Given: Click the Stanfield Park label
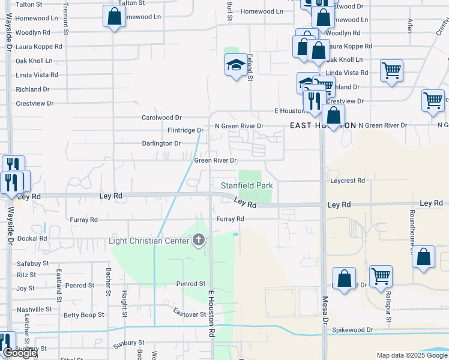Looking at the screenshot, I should click(x=247, y=185).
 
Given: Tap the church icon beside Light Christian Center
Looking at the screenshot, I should click(x=199, y=241).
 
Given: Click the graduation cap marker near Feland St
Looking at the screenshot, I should click(x=237, y=65).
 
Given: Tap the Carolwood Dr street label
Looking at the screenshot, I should click(x=161, y=118).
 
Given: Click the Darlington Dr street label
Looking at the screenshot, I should click(x=161, y=143).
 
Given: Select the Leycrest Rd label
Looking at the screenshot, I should click(x=348, y=181).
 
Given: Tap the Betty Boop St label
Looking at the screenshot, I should click(x=84, y=314).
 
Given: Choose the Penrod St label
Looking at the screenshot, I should click(x=191, y=283).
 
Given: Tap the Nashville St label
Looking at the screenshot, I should click(x=34, y=309).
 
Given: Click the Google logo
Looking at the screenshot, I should click(x=20, y=353).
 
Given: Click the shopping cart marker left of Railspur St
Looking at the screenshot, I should click(x=381, y=276).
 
